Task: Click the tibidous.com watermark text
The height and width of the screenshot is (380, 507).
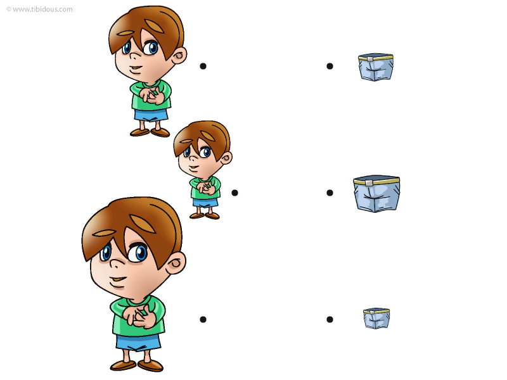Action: [x=39, y=9]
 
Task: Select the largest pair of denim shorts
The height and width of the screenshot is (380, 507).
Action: [x=376, y=194]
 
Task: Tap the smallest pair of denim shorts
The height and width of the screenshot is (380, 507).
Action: [x=376, y=319]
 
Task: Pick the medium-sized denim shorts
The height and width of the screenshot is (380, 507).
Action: [x=376, y=67]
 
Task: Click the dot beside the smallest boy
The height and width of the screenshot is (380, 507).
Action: [x=234, y=193]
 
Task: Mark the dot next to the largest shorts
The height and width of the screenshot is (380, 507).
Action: [x=330, y=193]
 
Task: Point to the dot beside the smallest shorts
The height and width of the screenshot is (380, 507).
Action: [x=330, y=320]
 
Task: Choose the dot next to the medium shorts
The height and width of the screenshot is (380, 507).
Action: [x=330, y=66]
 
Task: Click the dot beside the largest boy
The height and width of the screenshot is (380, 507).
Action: [x=203, y=320]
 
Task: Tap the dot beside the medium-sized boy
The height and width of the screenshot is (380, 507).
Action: [x=203, y=66]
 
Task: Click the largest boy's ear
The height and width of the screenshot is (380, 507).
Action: [x=176, y=263]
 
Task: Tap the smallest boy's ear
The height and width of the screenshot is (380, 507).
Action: [x=226, y=158]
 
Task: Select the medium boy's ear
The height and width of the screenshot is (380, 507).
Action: [x=179, y=55]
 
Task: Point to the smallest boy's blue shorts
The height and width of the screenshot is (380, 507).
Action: [x=205, y=203]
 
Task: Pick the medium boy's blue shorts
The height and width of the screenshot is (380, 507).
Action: [x=151, y=115]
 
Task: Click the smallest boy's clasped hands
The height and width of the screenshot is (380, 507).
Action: [x=205, y=187]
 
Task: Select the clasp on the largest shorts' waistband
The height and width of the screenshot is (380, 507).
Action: [x=369, y=183]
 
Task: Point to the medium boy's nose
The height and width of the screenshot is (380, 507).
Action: [x=134, y=55]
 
